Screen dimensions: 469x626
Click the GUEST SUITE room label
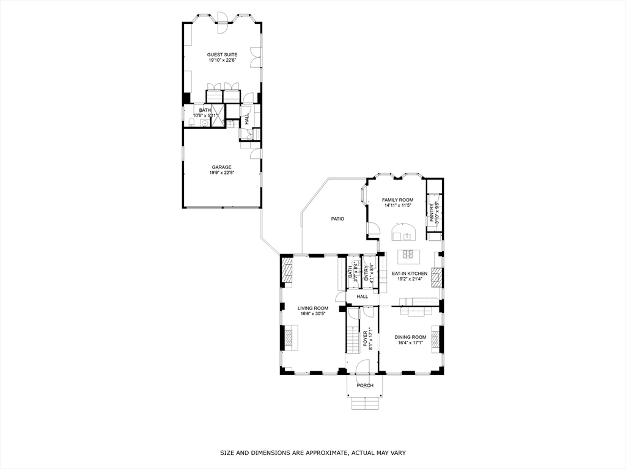click(222, 54)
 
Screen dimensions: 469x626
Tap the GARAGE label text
click(222, 167)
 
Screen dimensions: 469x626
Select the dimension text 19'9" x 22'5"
click(222, 173)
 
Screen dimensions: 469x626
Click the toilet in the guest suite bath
click(191, 123)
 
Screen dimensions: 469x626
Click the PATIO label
click(338, 219)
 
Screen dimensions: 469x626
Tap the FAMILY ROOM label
click(397, 200)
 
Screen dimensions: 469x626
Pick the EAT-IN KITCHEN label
click(410, 274)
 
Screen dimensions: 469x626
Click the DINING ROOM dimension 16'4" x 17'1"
click(410, 343)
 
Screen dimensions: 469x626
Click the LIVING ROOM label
click(313, 308)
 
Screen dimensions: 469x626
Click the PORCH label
click(365, 385)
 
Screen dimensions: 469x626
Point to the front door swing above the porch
click(363, 366)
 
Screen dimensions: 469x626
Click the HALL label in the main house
click(362, 296)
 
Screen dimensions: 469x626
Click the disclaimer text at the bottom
click(313, 453)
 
